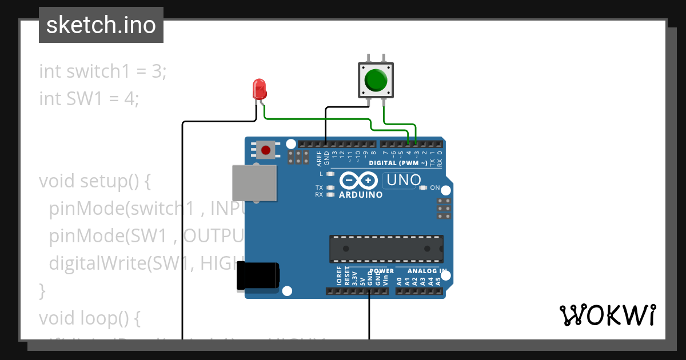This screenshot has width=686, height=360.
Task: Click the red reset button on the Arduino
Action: [x=265, y=151]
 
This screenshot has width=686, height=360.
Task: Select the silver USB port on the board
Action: [x=254, y=183]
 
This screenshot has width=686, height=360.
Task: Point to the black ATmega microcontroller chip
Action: [x=386, y=249]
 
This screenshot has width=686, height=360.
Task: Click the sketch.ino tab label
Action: [x=101, y=25]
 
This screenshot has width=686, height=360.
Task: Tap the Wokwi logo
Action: [x=607, y=315]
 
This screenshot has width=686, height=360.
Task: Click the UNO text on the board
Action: [x=404, y=180]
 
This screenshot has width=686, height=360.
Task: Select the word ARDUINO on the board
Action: [x=361, y=195]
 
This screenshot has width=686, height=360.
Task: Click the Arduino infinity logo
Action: [x=359, y=181]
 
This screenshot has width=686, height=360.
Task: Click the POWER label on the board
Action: [x=382, y=271]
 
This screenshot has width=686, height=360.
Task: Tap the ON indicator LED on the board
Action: [x=423, y=187]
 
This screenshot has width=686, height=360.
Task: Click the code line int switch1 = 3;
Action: [x=103, y=72]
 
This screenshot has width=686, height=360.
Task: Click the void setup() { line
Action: [x=95, y=181]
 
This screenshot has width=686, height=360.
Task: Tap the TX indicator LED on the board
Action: [x=330, y=187]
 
